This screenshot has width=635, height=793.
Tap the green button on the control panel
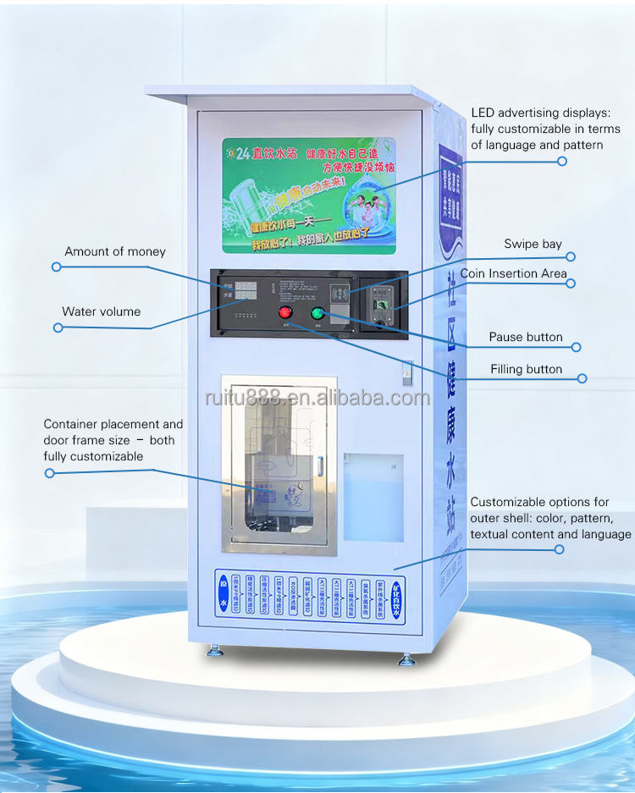(317, 313)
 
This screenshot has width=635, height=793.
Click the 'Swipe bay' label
(533, 244)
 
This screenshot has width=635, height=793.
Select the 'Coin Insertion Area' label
(513, 273)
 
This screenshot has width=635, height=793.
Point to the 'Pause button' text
(525, 337)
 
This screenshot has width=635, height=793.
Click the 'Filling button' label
(526, 369)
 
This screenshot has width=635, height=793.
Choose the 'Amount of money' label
(115, 251)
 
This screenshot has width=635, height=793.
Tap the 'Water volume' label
(101, 311)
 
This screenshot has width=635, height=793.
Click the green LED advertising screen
(309, 195)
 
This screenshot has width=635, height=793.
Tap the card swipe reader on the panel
(340, 292)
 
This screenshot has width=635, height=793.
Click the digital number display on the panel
(246, 291)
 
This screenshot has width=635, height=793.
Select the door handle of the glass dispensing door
(320, 465)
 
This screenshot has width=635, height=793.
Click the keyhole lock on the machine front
(407, 369)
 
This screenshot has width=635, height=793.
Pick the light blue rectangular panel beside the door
(373, 497)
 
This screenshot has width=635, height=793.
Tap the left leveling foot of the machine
(213, 652)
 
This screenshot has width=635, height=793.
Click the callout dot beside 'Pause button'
(576, 347)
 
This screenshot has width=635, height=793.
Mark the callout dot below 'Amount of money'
(57, 267)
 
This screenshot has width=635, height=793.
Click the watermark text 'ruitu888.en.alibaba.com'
(316, 398)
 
